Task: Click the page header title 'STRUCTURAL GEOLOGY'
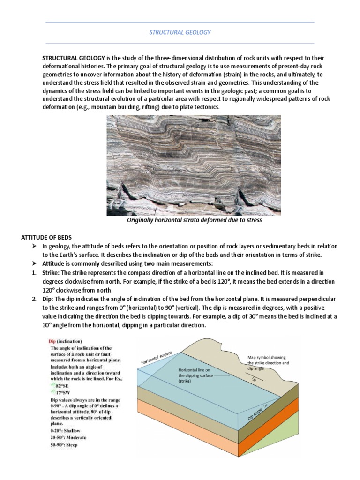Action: (x=180, y=32)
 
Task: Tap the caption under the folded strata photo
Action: (x=194, y=220)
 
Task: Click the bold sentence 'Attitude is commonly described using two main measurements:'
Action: (x=127, y=264)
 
